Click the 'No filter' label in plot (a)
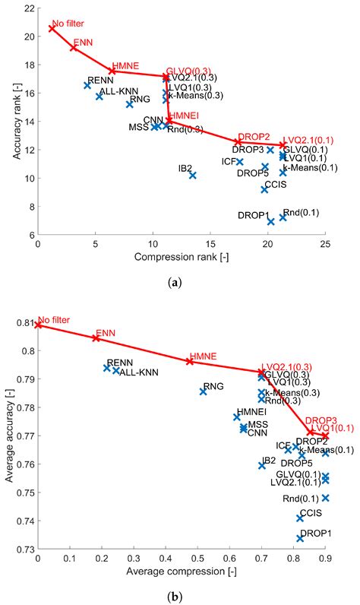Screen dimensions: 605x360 click(68, 23)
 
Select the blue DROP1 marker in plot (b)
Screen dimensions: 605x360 click(300, 538)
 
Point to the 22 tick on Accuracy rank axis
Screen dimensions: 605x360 click(28, 8)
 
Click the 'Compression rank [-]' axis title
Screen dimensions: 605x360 click(181, 258)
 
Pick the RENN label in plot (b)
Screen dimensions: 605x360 click(119, 363)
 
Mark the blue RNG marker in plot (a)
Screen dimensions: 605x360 click(129, 104)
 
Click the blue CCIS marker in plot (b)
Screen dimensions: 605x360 click(300, 518)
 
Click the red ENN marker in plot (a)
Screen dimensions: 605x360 click(74, 48)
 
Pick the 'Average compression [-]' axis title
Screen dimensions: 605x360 click(181, 571)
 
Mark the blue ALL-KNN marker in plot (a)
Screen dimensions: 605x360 click(99, 97)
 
